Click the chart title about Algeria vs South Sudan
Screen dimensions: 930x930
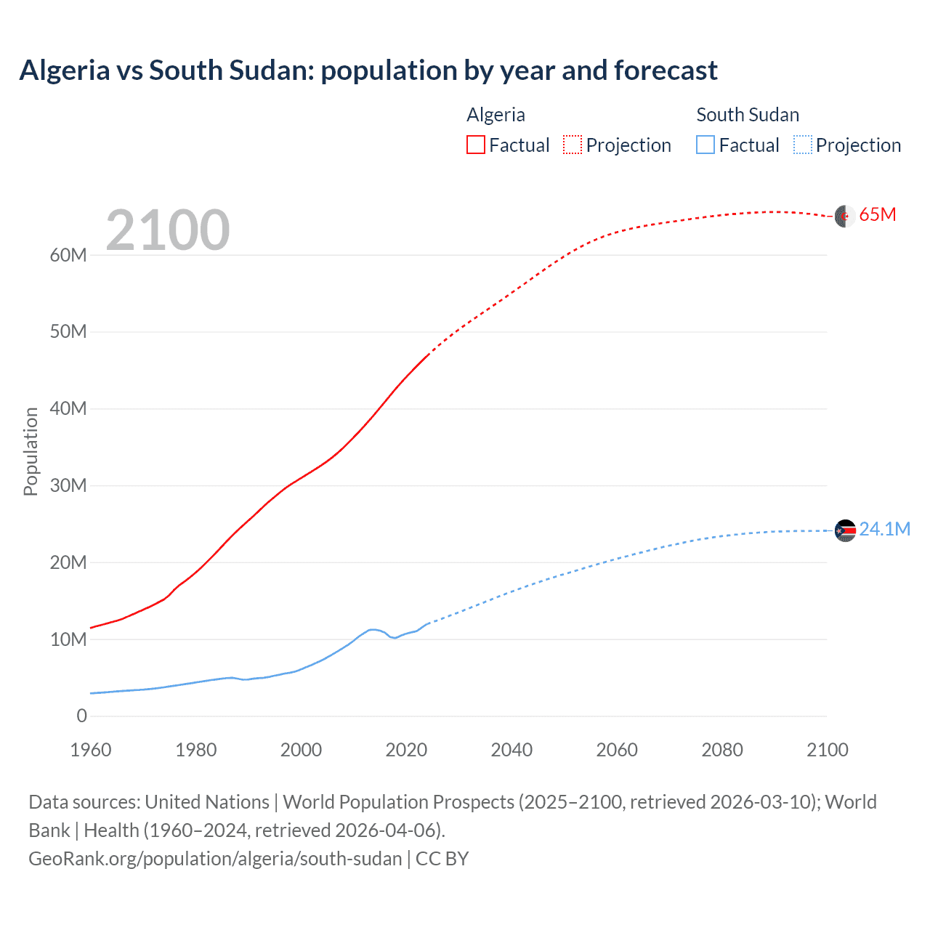point(368,70)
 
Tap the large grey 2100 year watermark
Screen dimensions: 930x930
point(168,230)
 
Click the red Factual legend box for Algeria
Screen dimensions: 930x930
point(476,145)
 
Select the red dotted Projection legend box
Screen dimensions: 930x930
point(573,145)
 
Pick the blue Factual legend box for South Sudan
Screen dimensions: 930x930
point(705,145)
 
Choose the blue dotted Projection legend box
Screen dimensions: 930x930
point(802,145)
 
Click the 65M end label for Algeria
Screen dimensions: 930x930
point(877,215)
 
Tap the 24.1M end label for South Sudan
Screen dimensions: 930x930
point(883,529)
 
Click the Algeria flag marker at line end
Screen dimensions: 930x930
point(844,216)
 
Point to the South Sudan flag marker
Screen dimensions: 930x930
point(845,531)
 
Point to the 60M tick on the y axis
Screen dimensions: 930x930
point(68,255)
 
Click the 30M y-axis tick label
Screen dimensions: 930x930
point(68,485)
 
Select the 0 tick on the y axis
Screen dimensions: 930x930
point(81,716)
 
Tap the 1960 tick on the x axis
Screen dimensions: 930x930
point(91,750)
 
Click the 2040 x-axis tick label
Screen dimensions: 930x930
point(511,750)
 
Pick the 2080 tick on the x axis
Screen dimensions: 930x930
point(722,750)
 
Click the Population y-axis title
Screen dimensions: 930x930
point(31,451)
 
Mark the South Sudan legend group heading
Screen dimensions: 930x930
point(748,115)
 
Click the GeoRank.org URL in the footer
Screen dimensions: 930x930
point(215,859)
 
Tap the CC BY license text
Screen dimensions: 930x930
point(442,859)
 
